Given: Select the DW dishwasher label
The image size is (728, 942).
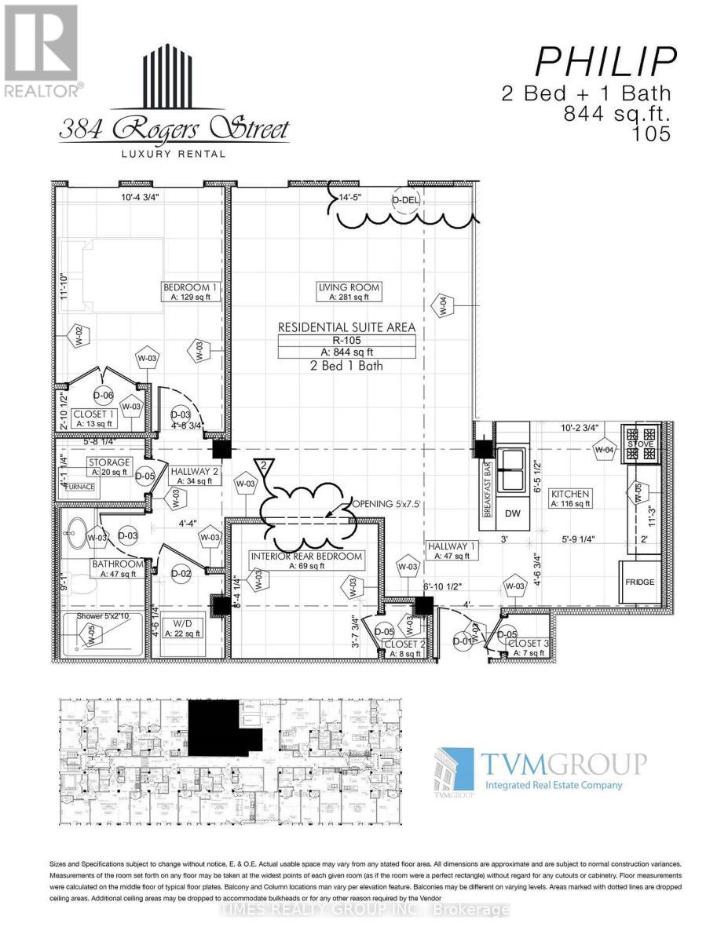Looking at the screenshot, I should point(513,514).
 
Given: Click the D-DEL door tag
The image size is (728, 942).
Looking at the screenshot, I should point(407,201).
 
